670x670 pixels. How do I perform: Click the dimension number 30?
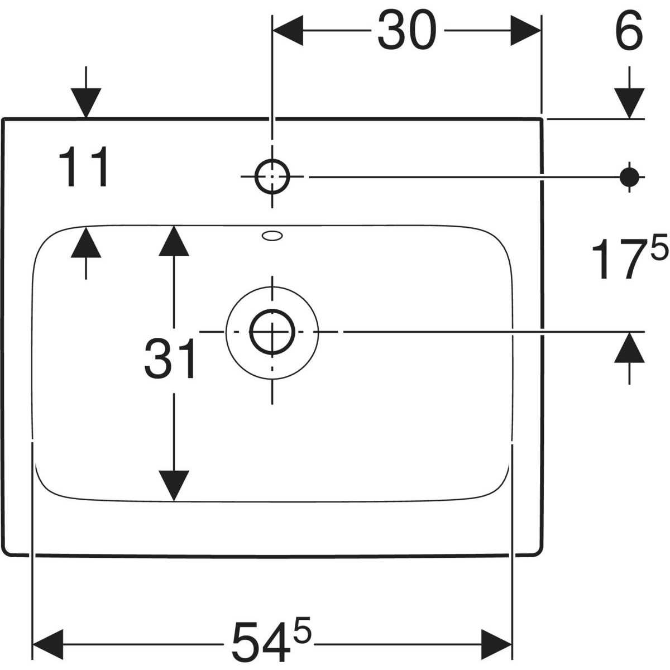point(406,31)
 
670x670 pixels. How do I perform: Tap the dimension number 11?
point(85,167)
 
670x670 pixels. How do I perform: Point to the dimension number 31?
point(170,359)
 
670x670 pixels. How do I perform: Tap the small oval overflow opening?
point(272,236)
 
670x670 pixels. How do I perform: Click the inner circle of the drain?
point(272,331)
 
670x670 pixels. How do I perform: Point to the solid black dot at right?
point(630,176)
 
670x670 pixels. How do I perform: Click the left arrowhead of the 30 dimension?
point(287,31)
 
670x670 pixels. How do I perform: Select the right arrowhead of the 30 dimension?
point(526,31)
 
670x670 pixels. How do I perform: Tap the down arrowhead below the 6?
point(630,103)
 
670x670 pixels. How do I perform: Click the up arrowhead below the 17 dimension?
point(630,347)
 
